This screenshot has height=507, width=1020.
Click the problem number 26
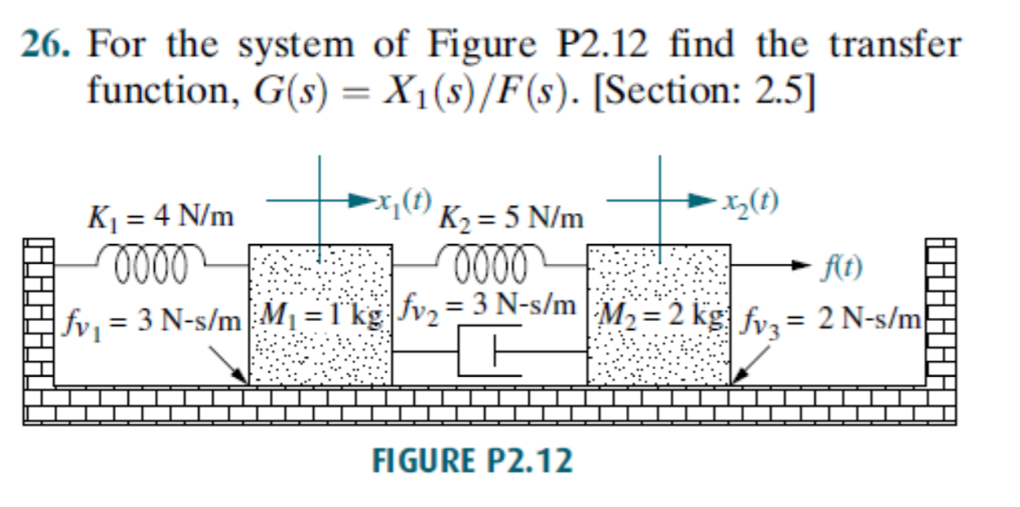coord(45,45)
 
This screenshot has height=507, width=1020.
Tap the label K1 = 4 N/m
coord(161,219)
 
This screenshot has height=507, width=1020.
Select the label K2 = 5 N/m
coord(511,219)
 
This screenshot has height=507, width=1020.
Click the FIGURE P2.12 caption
coord(473,462)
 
